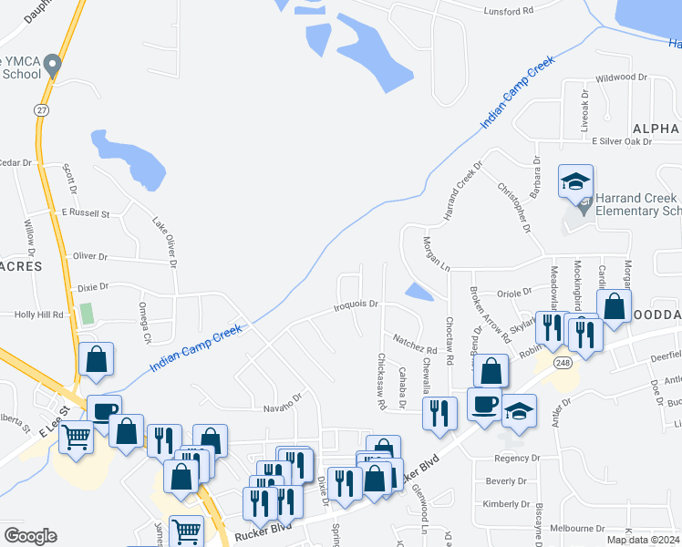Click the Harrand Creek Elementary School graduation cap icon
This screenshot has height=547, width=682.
point(575,181)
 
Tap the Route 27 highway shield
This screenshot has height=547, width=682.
point(42,109)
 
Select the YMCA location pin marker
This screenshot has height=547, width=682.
point(53,65)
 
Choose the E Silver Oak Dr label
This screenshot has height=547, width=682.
point(622,141)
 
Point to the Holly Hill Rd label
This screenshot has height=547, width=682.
point(38,315)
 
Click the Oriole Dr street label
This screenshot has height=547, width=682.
point(512,293)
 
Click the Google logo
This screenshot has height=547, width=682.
point(30,536)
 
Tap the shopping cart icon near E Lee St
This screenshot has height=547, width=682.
point(76,438)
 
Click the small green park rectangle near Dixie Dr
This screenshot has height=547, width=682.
point(87,314)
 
